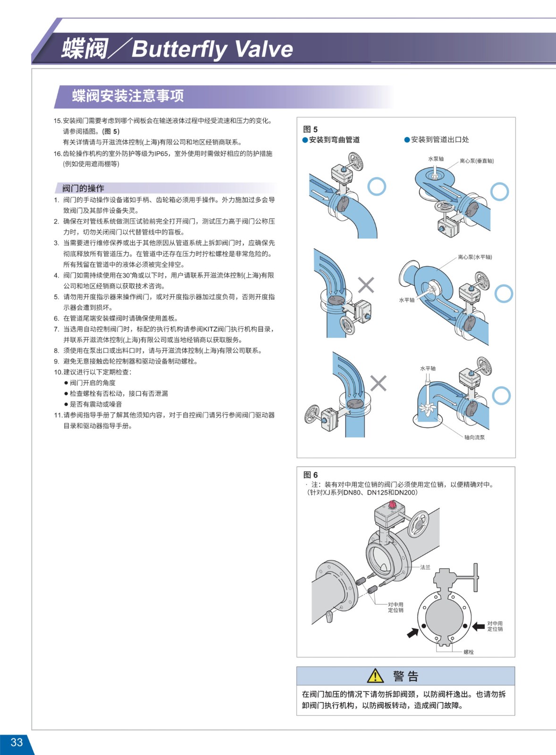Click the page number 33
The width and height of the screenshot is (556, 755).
[17, 742]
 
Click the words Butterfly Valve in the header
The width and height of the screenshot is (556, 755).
[212, 49]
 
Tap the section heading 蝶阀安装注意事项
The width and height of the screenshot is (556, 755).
[128, 96]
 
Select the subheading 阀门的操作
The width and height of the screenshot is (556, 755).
[83, 188]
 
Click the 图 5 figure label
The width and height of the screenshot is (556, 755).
[310, 129]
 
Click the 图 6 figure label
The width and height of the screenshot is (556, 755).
[310, 475]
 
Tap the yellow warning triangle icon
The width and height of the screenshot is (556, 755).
[375, 676]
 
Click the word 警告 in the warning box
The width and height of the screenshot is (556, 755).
[405, 676]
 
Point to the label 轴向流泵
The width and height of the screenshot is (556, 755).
[474, 437]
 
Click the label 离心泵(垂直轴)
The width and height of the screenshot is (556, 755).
[477, 161]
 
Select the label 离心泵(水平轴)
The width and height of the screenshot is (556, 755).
[475, 257]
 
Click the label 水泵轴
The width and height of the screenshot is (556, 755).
[436, 159]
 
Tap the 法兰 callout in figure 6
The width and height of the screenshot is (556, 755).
[425, 567]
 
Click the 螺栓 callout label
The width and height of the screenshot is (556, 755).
[469, 652]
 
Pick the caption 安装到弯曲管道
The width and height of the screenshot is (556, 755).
[334, 140]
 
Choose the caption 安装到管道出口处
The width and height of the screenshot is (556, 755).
[440, 140]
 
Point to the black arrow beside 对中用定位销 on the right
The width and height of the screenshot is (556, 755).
[479, 626]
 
